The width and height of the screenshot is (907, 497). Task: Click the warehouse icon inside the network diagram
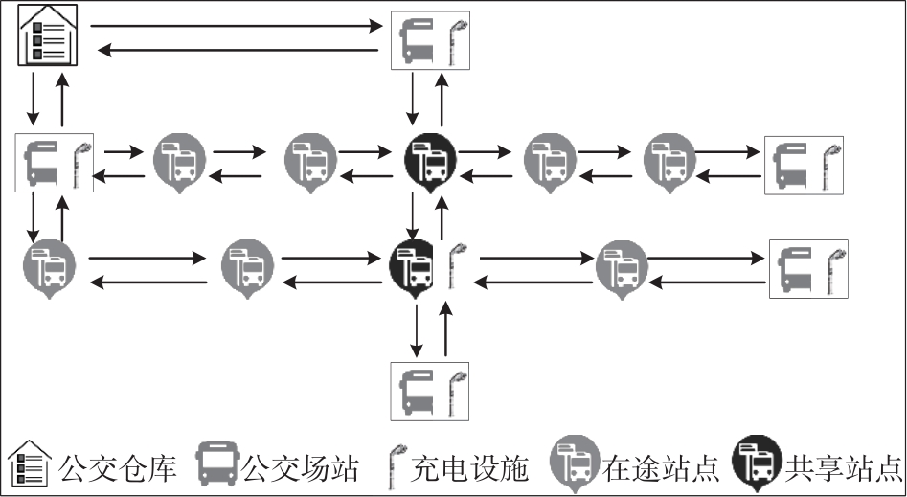pyautogui.click(x=48, y=36)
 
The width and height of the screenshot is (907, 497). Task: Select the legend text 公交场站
pyautogui.click(x=300, y=468)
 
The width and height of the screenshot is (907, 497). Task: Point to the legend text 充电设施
pyautogui.click(x=469, y=468)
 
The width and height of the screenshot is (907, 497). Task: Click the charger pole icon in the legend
pyautogui.click(x=394, y=467)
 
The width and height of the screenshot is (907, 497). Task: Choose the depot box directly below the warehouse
pyautogui.click(x=55, y=163)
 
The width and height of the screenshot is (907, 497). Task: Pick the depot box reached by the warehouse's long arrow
pyautogui.click(x=430, y=40)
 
